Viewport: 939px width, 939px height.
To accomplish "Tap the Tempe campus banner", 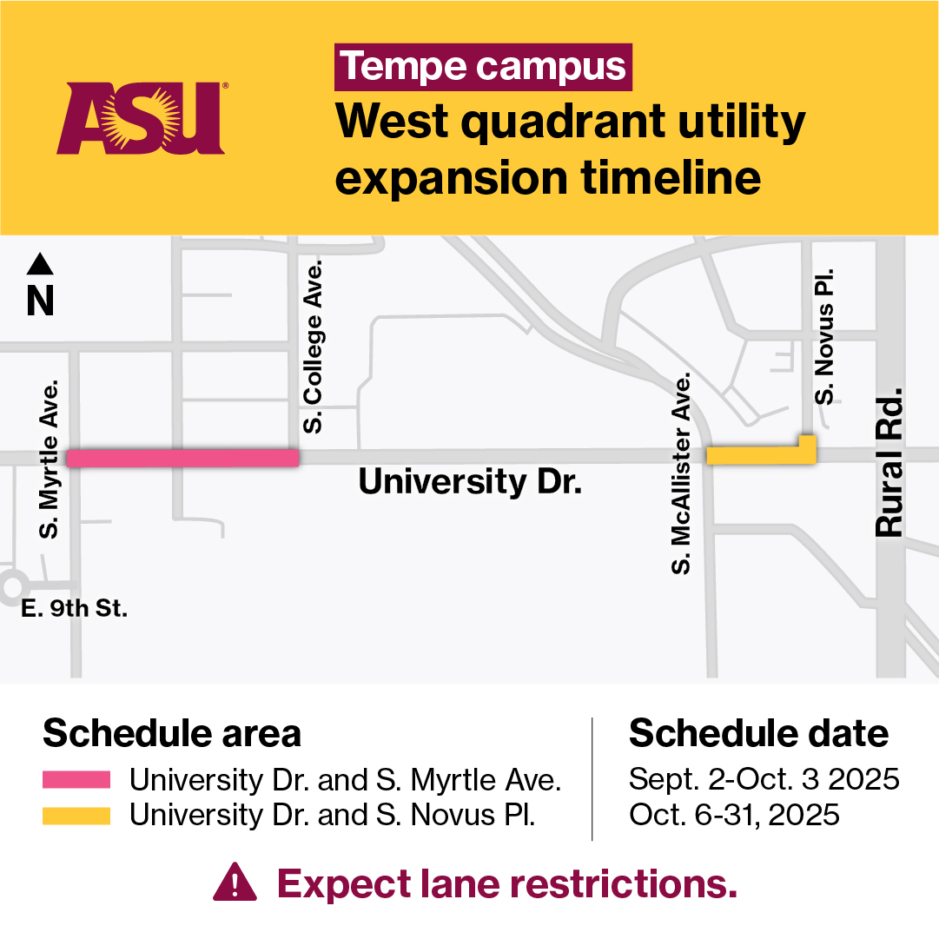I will tap(483, 68).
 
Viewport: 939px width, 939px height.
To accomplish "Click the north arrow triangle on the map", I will tap(41, 263).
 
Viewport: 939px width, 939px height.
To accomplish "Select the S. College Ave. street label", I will tap(313, 346).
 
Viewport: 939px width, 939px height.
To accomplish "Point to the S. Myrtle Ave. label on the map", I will tap(50, 458).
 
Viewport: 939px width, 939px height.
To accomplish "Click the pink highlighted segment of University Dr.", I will tap(183, 458).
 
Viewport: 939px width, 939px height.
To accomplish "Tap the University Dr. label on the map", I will tap(469, 482).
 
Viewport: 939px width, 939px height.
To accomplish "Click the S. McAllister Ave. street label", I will tap(683, 474).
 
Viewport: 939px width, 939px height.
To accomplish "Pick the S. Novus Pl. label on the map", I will tap(825, 335).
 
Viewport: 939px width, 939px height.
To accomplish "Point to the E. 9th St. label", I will tap(75, 609).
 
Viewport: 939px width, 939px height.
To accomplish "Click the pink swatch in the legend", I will tap(76, 779).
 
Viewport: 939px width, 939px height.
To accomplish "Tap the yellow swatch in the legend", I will tap(76, 816).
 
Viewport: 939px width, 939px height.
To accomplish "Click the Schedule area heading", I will tap(172, 734).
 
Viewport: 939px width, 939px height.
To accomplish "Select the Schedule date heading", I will tap(758, 734).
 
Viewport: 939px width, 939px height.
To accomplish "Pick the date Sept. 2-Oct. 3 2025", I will tap(764, 779).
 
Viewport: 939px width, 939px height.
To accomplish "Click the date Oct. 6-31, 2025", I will tap(734, 816).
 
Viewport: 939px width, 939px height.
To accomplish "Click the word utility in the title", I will tap(726, 124).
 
